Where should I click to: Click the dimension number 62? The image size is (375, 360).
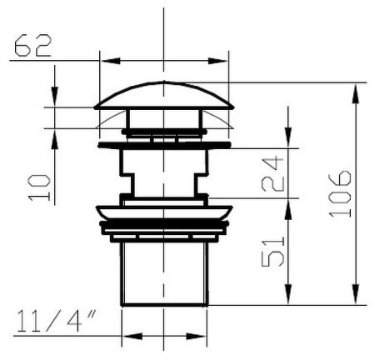tap(33, 46)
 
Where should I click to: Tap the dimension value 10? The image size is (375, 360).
tap(39, 187)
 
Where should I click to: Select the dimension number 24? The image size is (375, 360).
tap(272, 174)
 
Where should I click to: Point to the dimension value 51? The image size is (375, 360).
tap(273, 252)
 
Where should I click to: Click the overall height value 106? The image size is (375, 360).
tap(340, 193)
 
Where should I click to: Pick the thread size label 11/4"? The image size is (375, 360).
tap(57, 321)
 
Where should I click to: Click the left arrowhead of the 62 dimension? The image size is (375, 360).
tap(110, 61)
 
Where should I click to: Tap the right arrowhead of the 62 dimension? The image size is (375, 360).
tap(218, 61)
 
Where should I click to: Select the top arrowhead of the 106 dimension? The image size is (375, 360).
tap(355, 93)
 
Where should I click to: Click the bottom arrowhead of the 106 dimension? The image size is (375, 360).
tap(355, 294)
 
